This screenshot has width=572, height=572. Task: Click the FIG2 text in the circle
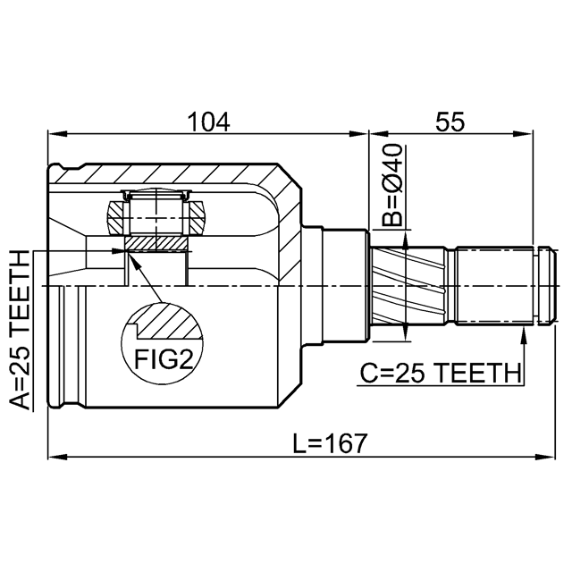point(164,358)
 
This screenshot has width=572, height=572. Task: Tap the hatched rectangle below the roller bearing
point(156,242)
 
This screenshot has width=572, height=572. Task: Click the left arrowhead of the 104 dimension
point(54,136)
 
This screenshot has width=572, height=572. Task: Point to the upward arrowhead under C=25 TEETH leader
point(524,332)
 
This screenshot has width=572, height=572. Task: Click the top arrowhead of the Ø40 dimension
point(407,240)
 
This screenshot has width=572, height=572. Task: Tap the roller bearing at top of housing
point(157,213)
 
